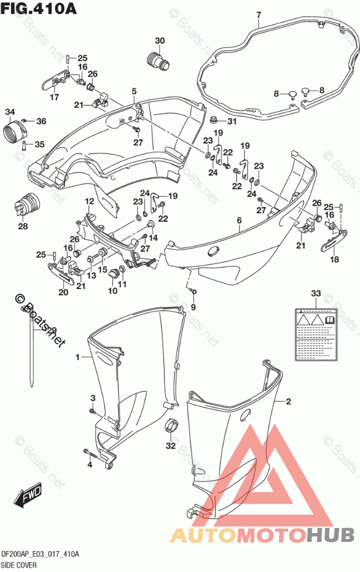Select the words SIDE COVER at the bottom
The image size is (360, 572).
pyautogui.click(x=20, y=564)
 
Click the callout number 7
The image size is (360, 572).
pyautogui.click(x=259, y=14)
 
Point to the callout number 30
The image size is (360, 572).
pyautogui.click(x=160, y=41)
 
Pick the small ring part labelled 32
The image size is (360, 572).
pyautogui.click(x=170, y=426)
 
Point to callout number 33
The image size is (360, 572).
pyautogui.click(x=314, y=294)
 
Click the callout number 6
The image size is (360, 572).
pyautogui.click(x=239, y=221)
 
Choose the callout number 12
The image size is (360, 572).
pyautogui.click(x=90, y=201)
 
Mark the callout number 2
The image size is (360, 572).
pyautogui.click(x=288, y=401)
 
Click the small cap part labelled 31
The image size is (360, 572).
pyautogui.click(x=216, y=122)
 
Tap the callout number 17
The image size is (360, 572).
pyautogui.click(x=54, y=97)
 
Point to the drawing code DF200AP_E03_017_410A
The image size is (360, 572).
pyautogui.click(x=40, y=554)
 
